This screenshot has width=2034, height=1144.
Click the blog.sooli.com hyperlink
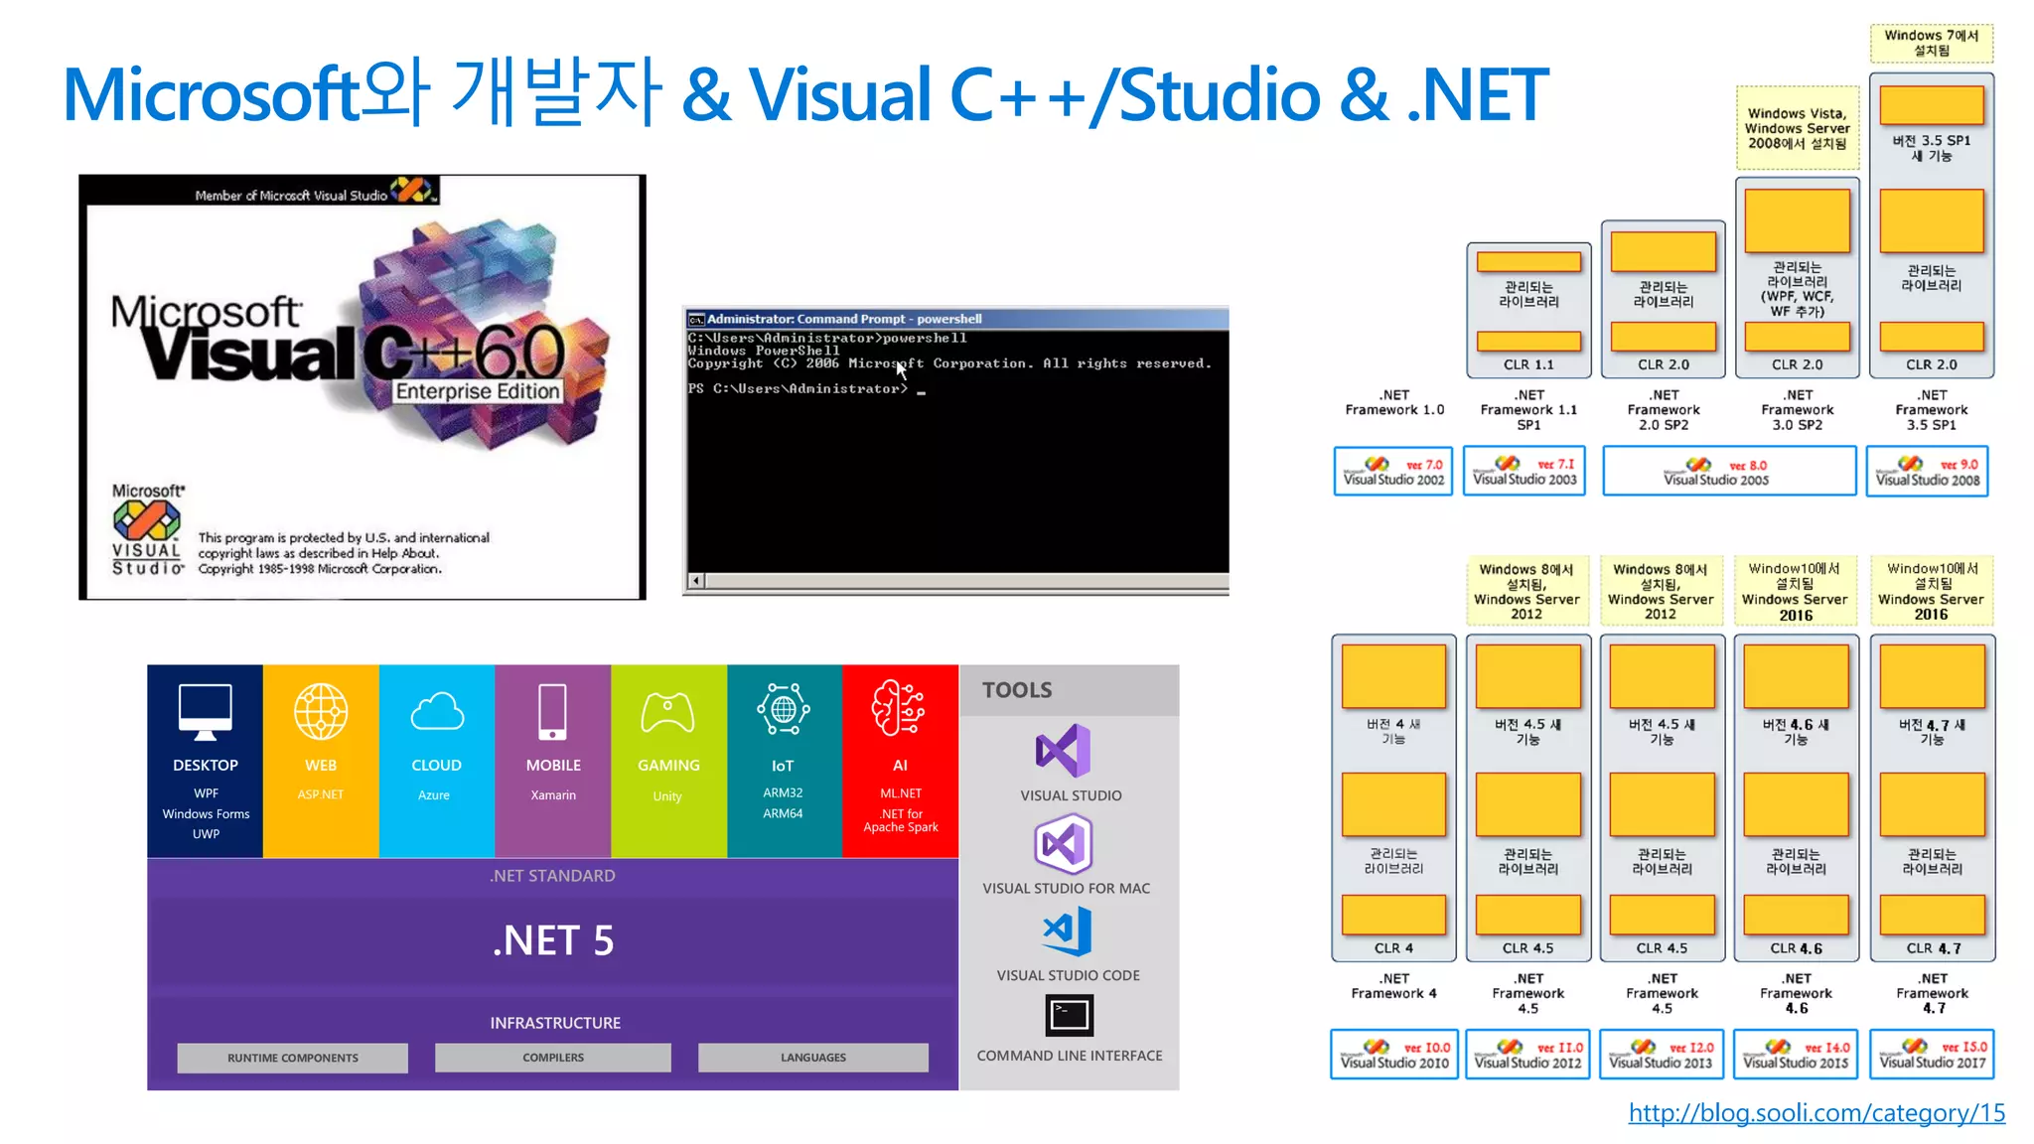1816,1113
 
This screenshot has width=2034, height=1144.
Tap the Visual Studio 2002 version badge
1392,472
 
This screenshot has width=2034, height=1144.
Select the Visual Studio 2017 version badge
1932,1055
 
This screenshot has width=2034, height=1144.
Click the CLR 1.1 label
1528,364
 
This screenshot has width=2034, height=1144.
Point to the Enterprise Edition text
478,391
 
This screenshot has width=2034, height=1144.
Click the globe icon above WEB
321,712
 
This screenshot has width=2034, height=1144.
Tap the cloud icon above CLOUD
437,712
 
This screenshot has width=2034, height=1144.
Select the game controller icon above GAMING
668,712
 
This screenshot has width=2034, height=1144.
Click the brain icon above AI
899,708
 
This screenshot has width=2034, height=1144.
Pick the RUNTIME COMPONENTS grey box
292,1058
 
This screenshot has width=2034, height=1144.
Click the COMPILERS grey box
553,1058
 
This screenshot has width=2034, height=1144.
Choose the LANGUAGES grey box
812,1058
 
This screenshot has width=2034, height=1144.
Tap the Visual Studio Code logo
1069,931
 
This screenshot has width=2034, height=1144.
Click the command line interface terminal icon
1069,1015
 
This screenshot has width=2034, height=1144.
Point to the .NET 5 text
553,940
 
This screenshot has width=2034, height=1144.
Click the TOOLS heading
1017,690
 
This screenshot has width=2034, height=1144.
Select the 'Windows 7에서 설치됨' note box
1931,43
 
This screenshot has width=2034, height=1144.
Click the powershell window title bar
953,319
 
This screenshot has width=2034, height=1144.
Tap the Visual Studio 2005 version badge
1728,472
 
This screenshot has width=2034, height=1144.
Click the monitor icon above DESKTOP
205,711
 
